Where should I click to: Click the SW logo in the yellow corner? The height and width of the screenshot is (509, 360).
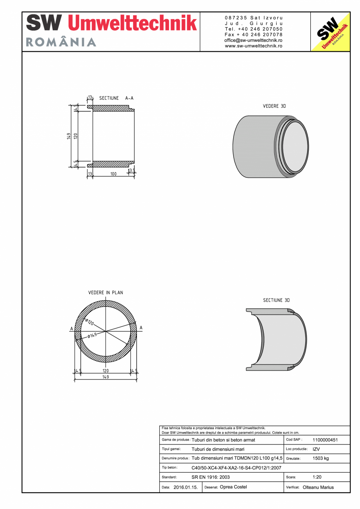pyautogui.click(x=329, y=32)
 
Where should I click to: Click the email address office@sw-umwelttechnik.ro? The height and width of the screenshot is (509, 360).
pyautogui.click(x=254, y=40)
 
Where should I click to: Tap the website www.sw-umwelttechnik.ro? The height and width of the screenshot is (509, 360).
pyautogui.click(x=254, y=46)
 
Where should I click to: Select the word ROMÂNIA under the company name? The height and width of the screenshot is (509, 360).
pyautogui.click(x=61, y=42)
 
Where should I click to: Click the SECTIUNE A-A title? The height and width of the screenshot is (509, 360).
pyautogui.click(x=116, y=98)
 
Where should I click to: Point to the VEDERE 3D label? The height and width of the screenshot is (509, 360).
pyautogui.click(x=271, y=106)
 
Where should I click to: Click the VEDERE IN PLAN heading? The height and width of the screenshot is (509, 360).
pyautogui.click(x=105, y=293)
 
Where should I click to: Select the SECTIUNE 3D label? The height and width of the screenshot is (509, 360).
pyautogui.click(x=276, y=300)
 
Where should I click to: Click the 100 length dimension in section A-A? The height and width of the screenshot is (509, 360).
pyautogui.click(x=113, y=174)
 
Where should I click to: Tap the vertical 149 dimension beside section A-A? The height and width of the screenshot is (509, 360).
pyautogui.click(x=68, y=136)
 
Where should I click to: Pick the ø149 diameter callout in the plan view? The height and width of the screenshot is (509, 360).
pyautogui.click(x=92, y=336)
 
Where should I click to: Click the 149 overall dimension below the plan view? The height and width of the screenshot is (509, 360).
pyautogui.click(x=105, y=377)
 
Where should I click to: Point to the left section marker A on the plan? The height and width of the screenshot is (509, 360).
pyautogui.click(x=71, y=328)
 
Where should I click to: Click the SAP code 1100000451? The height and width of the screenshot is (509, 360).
pyautogui.click(x=325, y=440)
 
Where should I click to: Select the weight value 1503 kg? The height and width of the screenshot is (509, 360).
pyautogui.click(x=320, y=459)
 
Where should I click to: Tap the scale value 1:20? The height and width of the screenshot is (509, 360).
pyautogui.click(x=317, y=477)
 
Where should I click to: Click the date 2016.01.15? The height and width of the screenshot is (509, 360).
pyautogui.click(x=185, y=487)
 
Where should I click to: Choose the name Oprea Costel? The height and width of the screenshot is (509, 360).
pyautogui.click(x=233, y=487)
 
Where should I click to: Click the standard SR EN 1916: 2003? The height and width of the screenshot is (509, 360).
pyautogui.click(x=211, y=477)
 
